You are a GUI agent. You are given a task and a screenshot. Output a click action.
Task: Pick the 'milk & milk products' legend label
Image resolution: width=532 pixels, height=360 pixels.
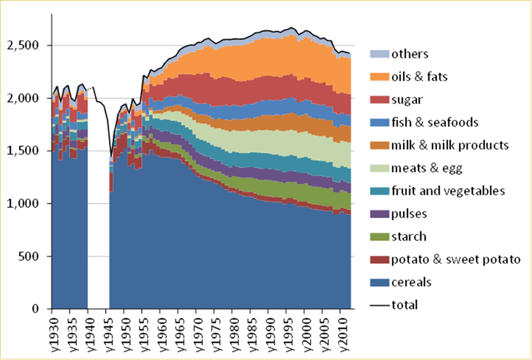pyautogui.click(x=450, y=145)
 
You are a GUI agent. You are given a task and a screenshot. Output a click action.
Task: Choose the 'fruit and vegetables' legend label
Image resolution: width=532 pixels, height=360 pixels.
pyautogui.click(x=448, y=191)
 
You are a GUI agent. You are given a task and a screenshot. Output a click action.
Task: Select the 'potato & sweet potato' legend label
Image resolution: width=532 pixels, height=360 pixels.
pyautogui.click(x=456, y=260)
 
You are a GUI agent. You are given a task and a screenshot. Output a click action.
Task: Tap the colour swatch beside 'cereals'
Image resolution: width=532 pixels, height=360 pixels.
pyautogui.click(x=380, y=283)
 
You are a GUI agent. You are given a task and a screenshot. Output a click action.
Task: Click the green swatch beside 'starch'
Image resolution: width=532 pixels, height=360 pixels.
pyautogui.click(x=380, y=237)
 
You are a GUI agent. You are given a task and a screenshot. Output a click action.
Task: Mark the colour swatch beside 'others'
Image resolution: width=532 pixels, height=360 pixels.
pyautogui.click(x=380, y=54)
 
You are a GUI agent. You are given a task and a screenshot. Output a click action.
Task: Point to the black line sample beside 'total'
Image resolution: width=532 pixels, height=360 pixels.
pyautogui.click(x=380, y=305)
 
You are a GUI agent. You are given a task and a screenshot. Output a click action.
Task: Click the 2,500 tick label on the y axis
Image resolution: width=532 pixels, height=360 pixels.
pyautogui.click(x=29, y=46)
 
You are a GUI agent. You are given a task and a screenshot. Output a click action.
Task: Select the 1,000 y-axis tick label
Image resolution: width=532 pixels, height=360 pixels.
pyautogui.click(x=29, y=204)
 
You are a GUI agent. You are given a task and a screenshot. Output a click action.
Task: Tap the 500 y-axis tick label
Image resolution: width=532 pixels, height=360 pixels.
pyautogui.click(x=35, y=256)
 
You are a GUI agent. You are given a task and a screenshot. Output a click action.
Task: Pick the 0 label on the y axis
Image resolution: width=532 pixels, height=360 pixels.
pyautogui.click(x=41, y=309)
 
